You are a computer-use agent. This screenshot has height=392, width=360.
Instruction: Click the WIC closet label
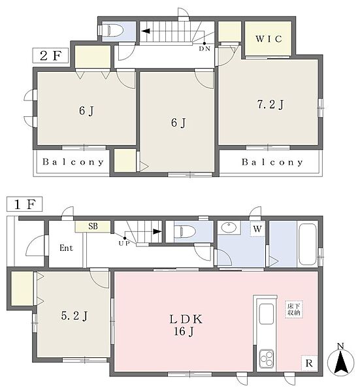[x=269, y=39]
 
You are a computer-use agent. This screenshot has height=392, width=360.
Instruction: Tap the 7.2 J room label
[x=270, y=105]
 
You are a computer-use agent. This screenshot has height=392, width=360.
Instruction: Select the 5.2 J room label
[x=74, y=316]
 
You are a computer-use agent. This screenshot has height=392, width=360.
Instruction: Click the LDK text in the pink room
[x=186, y=319]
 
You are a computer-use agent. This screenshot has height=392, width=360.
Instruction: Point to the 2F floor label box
[x=50, y=56]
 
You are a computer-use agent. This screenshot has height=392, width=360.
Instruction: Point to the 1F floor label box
[x=24, y=204]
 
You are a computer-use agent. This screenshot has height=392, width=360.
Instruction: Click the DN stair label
[x=205, y=49]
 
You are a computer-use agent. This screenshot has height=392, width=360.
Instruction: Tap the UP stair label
[x=124, y=243]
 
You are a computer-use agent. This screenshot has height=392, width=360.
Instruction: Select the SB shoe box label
[x=93, y=226]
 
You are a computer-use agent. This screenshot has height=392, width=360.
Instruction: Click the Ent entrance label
[x=66, y=248]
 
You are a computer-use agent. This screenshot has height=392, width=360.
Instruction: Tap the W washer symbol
[x=257, y=229]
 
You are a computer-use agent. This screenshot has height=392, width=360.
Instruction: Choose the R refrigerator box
[x=309, y=363]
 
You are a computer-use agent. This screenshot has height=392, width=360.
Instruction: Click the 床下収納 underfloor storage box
[x=294, y=309]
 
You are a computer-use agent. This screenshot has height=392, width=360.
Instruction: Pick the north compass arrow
[x=340, y=361]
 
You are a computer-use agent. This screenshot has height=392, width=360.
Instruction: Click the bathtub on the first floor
[x=308, y=244]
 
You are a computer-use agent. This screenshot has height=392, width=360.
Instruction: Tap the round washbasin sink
[x=229, y=227]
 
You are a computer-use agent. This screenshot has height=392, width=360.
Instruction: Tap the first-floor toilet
[x=186, y=232]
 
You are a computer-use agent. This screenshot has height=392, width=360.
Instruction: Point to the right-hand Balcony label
[x=272, y=162]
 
